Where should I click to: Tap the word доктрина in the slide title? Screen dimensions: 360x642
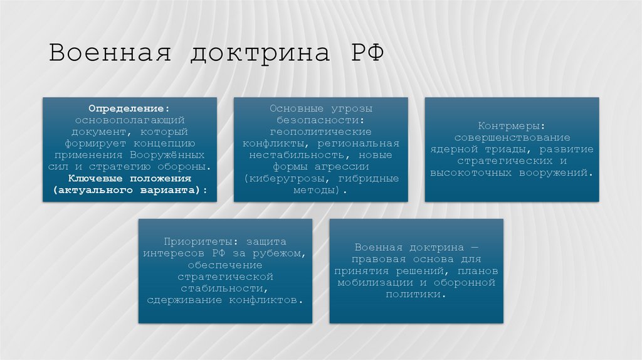[x=260, y=53]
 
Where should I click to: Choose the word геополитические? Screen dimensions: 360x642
[x=320, y=132]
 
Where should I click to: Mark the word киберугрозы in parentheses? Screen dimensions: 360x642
[x=283, y=178]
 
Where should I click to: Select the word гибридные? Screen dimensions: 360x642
[x=371, y=178]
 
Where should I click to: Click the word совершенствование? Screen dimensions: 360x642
[x=512, y=137]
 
